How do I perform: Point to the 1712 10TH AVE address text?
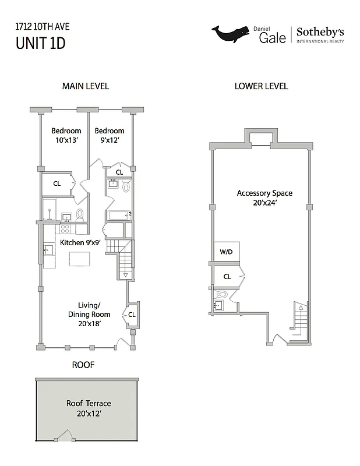[x=38, y=26]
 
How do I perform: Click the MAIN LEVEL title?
[x=85, y=86]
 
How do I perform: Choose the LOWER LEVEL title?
[x=261, y=86]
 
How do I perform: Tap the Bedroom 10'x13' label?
[x=66, y=136]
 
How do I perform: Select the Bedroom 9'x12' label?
[x=110, y=136]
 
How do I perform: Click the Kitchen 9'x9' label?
[x=80, y=242]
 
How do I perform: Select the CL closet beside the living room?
[x=132, y=315]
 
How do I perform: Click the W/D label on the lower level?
[x=226, y=252]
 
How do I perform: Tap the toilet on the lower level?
[x=222, y=295]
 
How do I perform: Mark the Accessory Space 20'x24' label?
[x=264, y=198]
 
